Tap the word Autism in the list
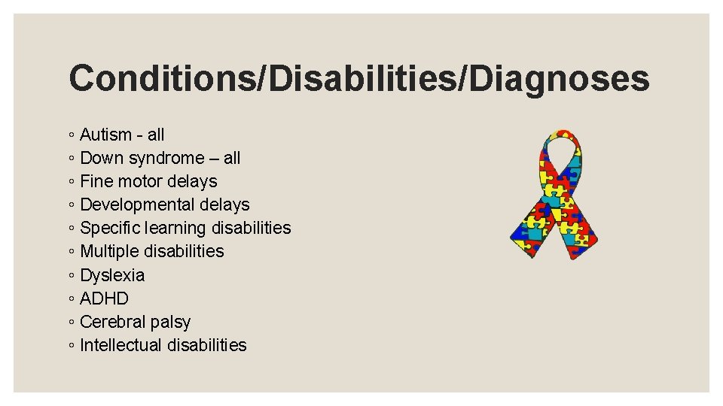105,135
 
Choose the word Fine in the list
96,182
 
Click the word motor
138,182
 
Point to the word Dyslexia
112,276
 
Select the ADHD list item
104,299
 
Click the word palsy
170,323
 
